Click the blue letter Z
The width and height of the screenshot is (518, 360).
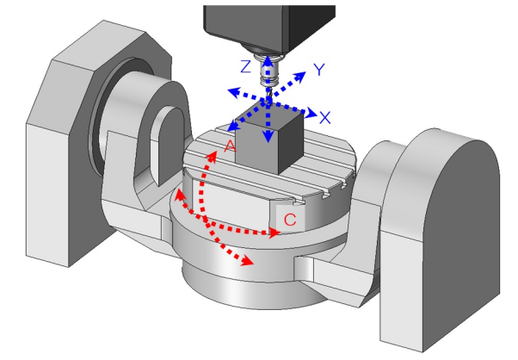[x=246, y=66]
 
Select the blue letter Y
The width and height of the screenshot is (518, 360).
[x=319, y=70]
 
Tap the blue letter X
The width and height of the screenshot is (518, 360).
[x=324, y=116]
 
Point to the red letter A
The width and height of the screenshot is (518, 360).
[x=230, y=146]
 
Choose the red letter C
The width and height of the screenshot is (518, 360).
[x=290, y=220]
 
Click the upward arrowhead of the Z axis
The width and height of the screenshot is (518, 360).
[x=269, y=59]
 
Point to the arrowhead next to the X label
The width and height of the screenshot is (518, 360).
[x=311, y=111]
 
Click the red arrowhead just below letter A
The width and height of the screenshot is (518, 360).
[x=210, y=156]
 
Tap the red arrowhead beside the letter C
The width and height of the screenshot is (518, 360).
[x=274, y=233]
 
